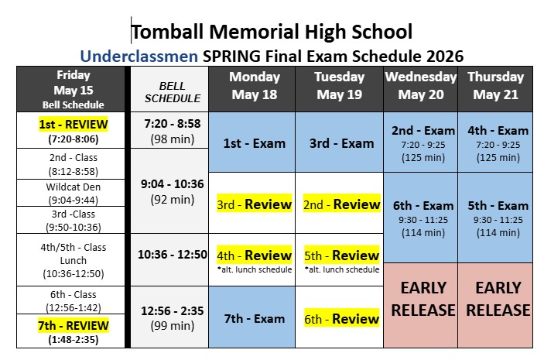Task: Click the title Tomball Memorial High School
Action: pyautogui.click(x=272, y=32)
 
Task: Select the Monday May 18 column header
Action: pyautogui.click(x=255, y=86)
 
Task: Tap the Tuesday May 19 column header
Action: pyautogui.click(x=340, y=86)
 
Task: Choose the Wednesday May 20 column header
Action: pyautogui.click(x=421, y=86)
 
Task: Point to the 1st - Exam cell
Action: pyautogui.click(x=255, y=143)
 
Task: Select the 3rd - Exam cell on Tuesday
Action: pyautogui.click(x=340, y=143)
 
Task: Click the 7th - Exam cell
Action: pyautogui.click(x=255, y=318)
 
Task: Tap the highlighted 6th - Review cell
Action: pyautogui.click(x=340, y=318)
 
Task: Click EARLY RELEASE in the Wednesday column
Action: pyautogui.click(x=422, y=299)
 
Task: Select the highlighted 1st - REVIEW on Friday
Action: pyautogui.click(x=74, y=124)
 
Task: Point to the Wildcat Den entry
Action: pyautogui.click(x=74, y=187)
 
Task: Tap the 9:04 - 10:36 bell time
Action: pyautogui.click(x=173, y=184)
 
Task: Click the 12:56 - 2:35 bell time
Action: pyautogui.click(x=173, y=310)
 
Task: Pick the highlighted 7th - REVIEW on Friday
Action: pyautogui.click(x=74, y=326)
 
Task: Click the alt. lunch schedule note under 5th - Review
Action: pyautogui.click(x=340, y=269)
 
